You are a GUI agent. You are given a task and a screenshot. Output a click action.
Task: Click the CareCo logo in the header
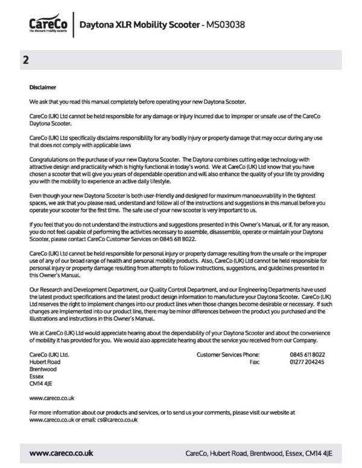tap(46, 25)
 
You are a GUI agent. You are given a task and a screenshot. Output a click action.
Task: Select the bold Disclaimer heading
tap(42, 87)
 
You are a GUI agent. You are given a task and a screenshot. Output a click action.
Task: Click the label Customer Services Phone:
tap(228, 355)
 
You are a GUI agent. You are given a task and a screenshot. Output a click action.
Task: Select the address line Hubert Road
tap(45, 362)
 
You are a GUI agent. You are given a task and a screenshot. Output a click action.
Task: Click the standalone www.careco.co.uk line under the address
tap(51, 398)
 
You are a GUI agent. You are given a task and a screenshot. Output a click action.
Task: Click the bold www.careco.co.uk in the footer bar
tap(61, 452)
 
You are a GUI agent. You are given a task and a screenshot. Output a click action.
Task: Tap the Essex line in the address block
tap(37, 376)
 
